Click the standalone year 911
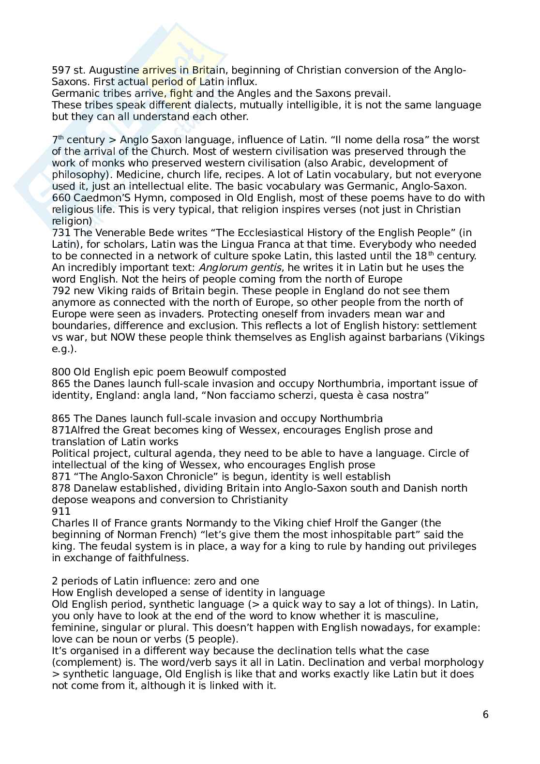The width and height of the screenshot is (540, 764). tap(60, 511)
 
